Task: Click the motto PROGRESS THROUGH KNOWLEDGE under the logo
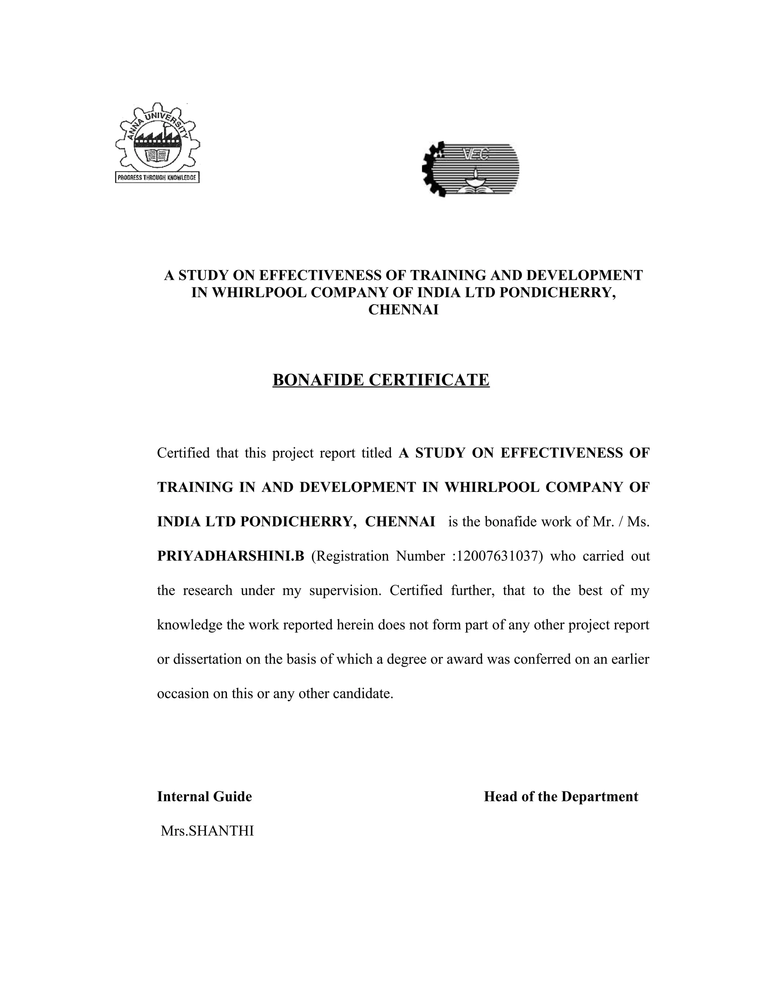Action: click(157, 177)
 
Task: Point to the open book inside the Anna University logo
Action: click(157, 156)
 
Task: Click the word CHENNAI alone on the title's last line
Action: click(403, 310)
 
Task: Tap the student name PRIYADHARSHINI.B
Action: click(231, 556)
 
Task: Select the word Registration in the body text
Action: click(350, 556)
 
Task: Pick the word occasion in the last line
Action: click(183, 694)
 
